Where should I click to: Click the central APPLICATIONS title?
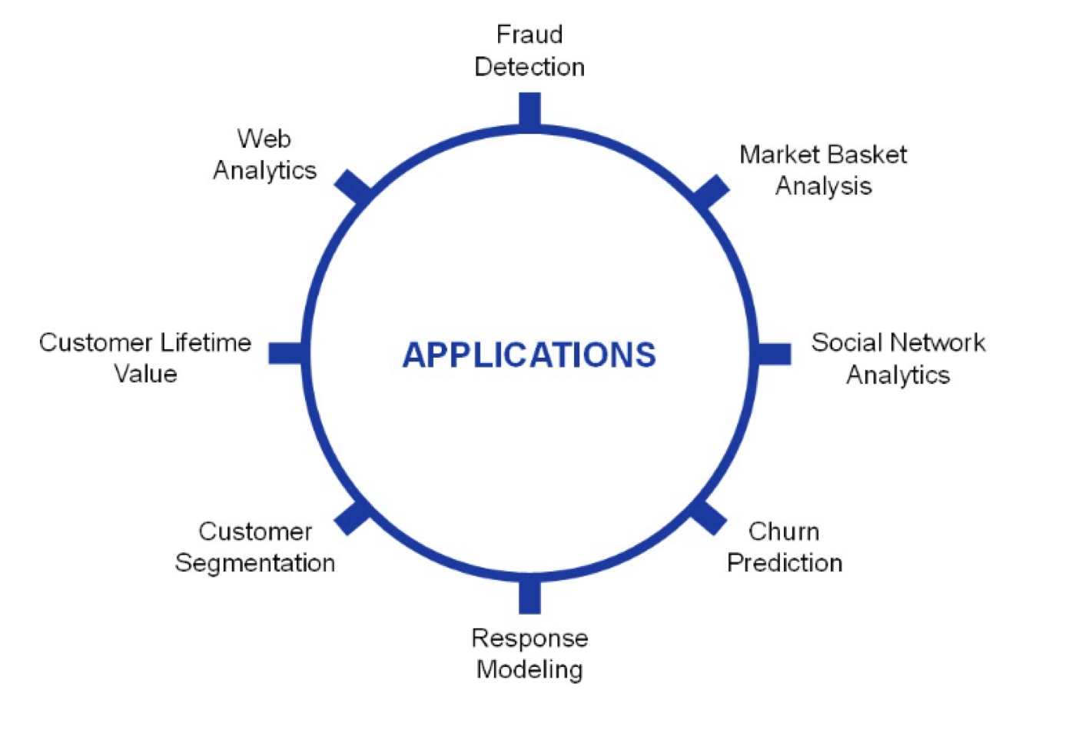[x=529, y=355]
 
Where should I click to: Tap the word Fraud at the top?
[x=529, y=35]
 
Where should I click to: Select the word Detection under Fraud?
[x=529, y=67]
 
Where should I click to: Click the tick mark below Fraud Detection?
[x=529, y=109]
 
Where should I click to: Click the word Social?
[x=844, y=342]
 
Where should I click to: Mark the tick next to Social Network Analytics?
[x=773, y=354]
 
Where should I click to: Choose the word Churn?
[x=784, y=532]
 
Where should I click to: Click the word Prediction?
[x=785, y=563]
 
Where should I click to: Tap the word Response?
[x=529, y=638]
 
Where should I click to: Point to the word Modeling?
[x=529, y=669]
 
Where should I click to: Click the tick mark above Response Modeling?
[x=529, y=596]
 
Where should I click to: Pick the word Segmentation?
[x=255, y=563]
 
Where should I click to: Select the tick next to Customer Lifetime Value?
[x=287, y=354]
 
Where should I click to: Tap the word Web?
[x=264, y=138]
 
